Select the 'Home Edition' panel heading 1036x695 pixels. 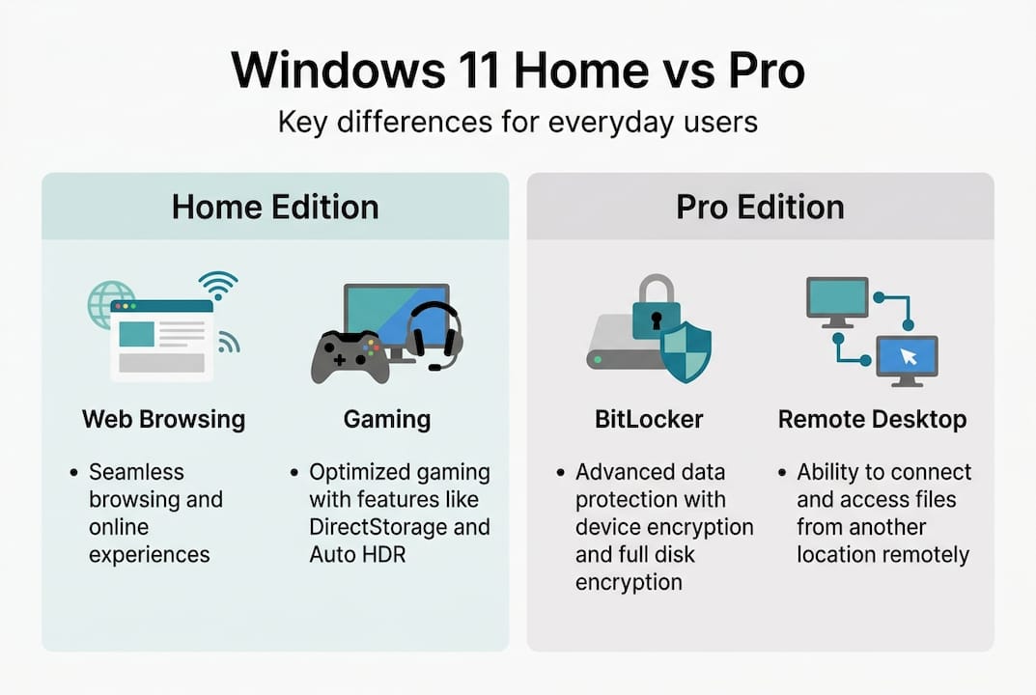(275, 207)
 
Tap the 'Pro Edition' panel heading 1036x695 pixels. (760, 207)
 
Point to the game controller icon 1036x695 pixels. (350, 356)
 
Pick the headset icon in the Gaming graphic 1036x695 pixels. (434, 334)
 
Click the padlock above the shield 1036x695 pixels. (658, 307)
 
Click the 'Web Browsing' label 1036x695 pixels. (163, 420)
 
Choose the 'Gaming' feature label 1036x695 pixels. (386, 420)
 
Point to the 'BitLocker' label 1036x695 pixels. (634, 420)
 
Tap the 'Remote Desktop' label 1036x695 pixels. (872, 420)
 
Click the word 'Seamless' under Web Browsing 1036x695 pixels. (136, 472)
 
